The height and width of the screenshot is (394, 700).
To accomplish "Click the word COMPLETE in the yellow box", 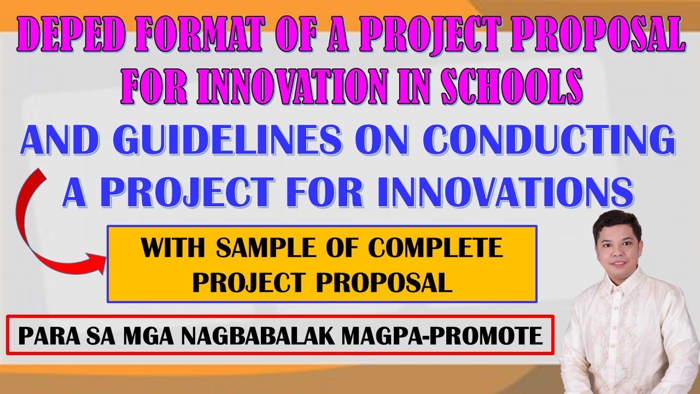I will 435,250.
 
